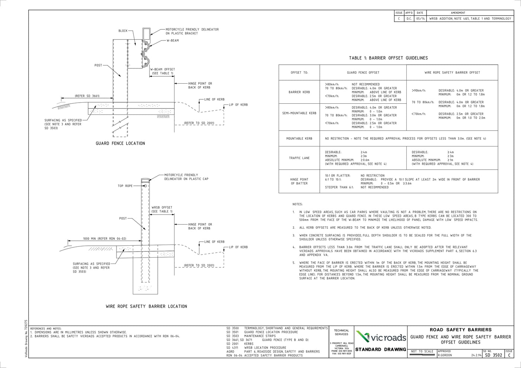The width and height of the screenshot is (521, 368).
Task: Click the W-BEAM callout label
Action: [x=172, y=41]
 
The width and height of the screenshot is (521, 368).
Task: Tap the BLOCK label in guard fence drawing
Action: [x=123, y=31]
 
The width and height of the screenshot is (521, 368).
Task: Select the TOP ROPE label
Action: [x=125, y=186]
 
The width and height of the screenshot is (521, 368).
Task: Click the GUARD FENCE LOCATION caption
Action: [x=120, y=143]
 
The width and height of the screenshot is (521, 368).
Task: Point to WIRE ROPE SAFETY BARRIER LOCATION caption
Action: [x=146, y=306]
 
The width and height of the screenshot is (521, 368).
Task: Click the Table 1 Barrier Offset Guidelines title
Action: [x=388, y=58]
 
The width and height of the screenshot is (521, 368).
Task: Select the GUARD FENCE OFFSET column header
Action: [x=363, y=72]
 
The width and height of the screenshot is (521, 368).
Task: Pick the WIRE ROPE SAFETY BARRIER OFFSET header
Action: [x=452, y=72]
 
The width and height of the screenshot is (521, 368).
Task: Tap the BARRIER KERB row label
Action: [x=299, y=92]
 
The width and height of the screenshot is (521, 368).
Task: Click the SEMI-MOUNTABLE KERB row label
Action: [x=299, y=113]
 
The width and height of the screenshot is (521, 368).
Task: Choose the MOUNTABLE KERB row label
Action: [x=299, y=139]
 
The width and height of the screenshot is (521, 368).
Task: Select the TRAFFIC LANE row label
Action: [x=299, y=158]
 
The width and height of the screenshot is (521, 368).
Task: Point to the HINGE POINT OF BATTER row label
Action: [x=299, y=181]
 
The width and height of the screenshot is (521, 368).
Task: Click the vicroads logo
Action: [x=380, y=337]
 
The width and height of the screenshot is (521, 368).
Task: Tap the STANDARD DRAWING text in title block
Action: [x=380, y=349]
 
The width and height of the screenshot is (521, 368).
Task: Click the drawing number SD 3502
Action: [x=493, y=355]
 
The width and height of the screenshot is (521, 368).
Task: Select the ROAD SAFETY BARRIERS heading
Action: [x=460, y=330]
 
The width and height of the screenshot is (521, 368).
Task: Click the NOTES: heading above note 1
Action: [x=298, y=204]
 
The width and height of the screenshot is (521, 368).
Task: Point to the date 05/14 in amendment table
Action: [x=420, y=18]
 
